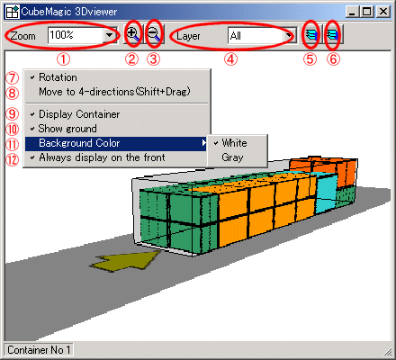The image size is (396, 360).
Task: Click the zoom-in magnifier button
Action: point(132,35)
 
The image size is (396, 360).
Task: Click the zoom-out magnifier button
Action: point(154,35)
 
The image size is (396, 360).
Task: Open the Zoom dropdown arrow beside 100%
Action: point(109,35)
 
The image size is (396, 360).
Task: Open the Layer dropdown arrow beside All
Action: point(289,36)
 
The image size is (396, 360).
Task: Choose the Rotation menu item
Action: point(58,77)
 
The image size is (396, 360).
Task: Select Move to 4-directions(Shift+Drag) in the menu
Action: point(114,92)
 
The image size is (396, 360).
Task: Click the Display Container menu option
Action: point(79,114)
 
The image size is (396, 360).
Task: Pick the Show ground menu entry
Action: point(67,129)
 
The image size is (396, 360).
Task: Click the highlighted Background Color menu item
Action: point(116,143)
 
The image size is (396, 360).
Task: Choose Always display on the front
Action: point(102,157)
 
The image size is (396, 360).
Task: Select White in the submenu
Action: point(234,143)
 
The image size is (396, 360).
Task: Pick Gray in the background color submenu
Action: point(232,157)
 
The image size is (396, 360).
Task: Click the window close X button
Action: point(383,12)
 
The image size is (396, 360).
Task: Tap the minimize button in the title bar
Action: point(352,12)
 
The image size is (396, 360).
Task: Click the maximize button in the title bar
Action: point(366,12)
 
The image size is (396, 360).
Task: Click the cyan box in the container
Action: point(326,193)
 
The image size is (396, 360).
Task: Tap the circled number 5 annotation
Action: point(310,59)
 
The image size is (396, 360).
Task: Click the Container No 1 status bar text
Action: point(39,350)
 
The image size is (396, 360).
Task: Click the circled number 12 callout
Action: point(13,159)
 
